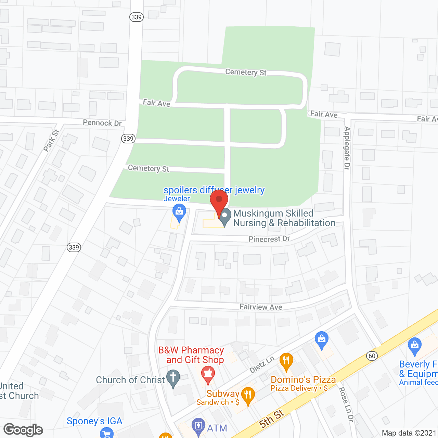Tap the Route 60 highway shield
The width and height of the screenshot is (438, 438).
372,356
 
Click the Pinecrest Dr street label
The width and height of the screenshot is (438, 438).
269,239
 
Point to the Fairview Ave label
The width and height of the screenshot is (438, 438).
261,307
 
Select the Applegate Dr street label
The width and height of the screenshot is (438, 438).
347,148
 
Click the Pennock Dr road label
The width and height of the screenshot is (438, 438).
102,123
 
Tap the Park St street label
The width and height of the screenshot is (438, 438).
51,140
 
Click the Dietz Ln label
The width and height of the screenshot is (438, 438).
262,364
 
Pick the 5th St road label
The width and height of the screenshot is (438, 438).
272,418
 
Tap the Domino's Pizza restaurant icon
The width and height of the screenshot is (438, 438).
286,361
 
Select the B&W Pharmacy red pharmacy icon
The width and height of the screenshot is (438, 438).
208,374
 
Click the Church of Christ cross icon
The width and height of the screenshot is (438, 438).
173,378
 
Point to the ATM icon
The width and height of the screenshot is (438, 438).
198,426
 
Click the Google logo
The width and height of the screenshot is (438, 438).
23,430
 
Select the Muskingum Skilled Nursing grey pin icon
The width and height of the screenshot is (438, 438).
225,217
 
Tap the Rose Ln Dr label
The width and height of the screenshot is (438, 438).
346,404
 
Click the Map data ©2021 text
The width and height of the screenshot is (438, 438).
409,433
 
